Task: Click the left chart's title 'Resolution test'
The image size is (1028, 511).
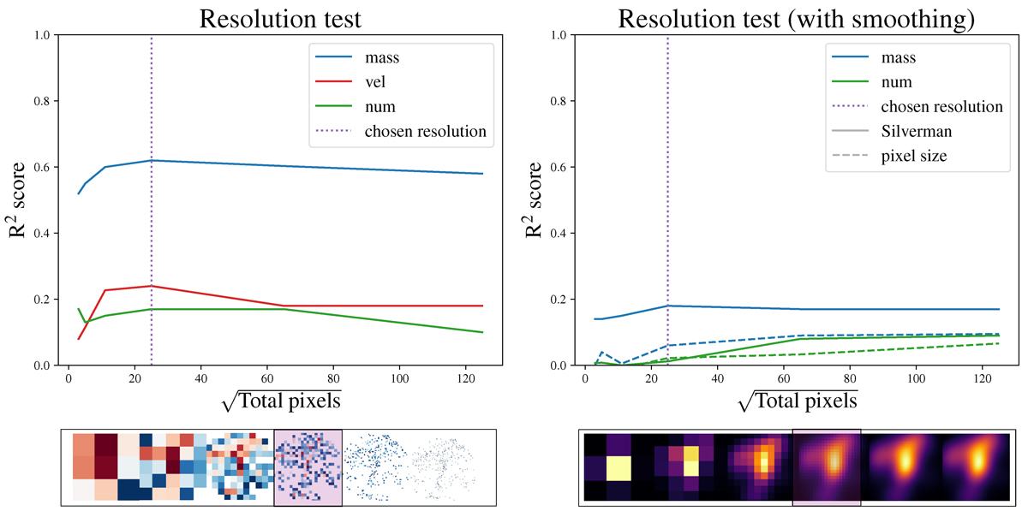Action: coord(283,18)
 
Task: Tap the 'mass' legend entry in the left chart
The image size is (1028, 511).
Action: coord(383,58)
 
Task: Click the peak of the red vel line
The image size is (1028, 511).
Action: coord(152,286)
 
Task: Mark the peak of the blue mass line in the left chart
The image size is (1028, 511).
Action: coord(152,160)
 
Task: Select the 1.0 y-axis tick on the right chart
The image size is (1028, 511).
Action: coord(560,35)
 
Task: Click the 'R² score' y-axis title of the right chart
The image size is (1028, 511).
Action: coord(533,200)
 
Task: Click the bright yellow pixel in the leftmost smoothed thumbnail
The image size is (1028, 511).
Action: coord(619,469)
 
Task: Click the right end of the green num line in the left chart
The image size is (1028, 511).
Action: coord(483,332)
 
